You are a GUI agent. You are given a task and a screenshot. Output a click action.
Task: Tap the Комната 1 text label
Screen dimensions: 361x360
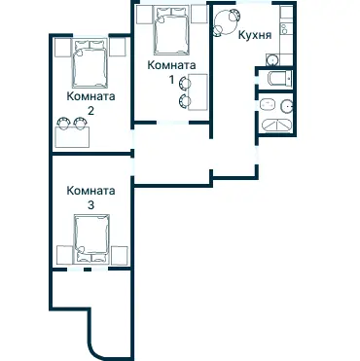click(x=170, y=71)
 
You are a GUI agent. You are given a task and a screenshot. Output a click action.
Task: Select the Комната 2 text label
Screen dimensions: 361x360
click(x=90, y=103)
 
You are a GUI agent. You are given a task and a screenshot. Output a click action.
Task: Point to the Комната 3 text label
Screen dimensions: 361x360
click(x=90, y=199)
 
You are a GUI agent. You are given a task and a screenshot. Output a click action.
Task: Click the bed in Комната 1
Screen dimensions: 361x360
click(x=171, y=33)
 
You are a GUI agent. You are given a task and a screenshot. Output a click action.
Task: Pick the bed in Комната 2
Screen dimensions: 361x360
click(x=91, y=62)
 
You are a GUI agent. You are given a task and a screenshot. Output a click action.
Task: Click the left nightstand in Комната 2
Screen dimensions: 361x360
click(x=62, y=46)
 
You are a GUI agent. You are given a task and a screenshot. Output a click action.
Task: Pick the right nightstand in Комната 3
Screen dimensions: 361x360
click(x=120, y=255)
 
